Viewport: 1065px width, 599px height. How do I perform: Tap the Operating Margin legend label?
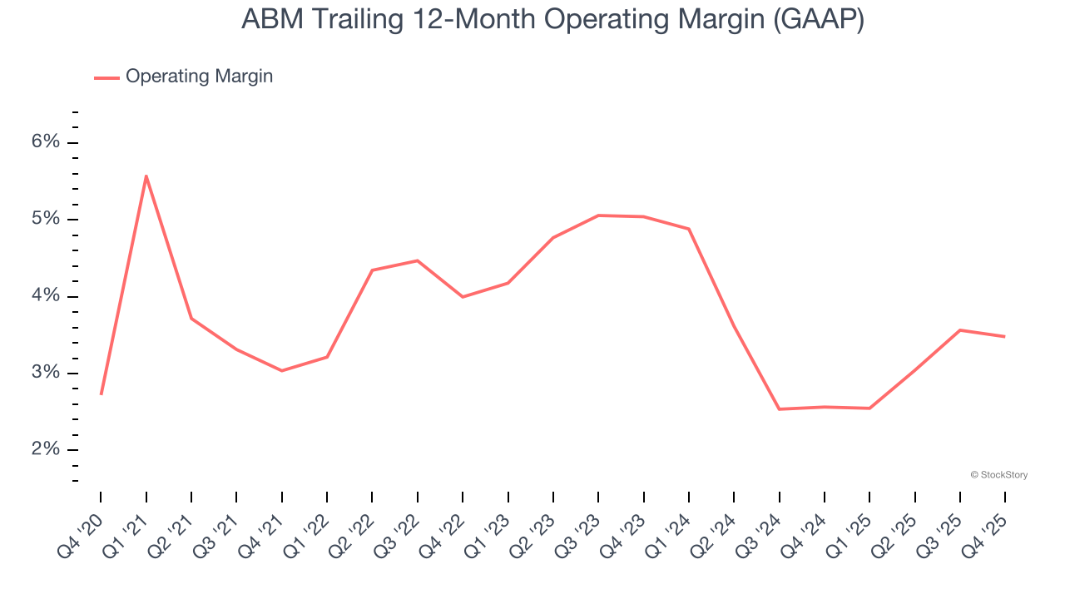click(199, 77)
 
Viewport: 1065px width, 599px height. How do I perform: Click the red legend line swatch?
click(106, 77)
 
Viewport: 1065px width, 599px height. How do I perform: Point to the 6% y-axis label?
click(46, 142)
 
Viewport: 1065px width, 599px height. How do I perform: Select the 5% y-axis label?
click(46, 220)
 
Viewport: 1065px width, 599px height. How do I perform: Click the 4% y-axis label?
click(46, 296)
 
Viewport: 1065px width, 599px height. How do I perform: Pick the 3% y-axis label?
click(46, 373)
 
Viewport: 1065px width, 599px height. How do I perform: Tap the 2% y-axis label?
click(46, 450)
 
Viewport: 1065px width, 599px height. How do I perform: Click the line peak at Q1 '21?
click(146, 176)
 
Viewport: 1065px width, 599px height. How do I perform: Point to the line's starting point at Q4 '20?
click(101, 394)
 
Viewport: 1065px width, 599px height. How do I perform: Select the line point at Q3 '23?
click(598, 215)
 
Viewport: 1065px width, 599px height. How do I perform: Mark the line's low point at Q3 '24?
click(780, 409)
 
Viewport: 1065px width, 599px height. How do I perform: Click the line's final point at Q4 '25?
click(1005, 337)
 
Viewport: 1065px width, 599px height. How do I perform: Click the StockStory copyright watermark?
click(998, 475)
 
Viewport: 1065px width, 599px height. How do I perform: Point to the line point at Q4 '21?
click(282, 370)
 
